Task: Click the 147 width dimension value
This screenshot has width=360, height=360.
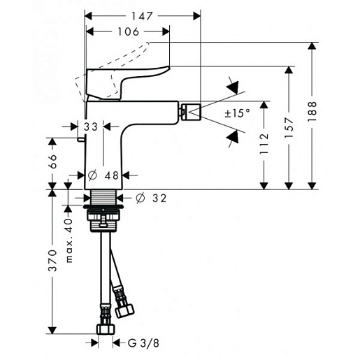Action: (142, 16)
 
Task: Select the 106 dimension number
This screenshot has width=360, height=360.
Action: (128, 31)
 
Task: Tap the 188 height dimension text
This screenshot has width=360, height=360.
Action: (312, 111)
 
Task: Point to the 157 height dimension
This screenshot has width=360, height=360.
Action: (289, 128)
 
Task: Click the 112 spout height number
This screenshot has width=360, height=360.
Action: (264, 144)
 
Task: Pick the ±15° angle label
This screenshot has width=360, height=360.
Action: (237, 113)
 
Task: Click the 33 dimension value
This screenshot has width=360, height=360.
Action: (91, 127)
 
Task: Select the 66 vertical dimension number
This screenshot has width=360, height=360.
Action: (52, 161)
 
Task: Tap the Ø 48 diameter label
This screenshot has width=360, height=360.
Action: (103, 175)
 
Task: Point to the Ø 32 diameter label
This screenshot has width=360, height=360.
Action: (151, 198)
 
